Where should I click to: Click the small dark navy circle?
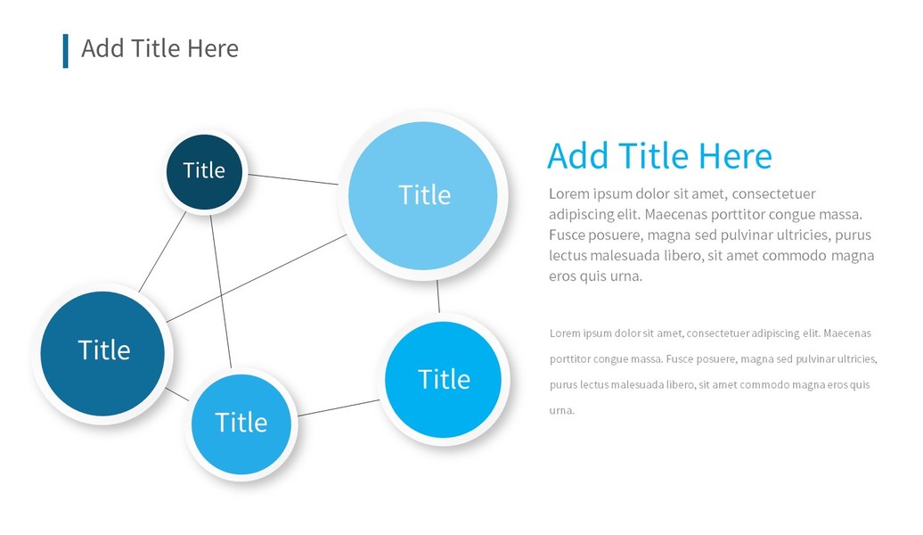[x=204, y=172]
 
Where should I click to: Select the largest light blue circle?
[x=422, y=195]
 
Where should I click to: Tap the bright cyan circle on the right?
[x=444, y=380]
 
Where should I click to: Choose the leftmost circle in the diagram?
[x=102, y=353]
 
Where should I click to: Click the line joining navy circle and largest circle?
[x=293, y=179]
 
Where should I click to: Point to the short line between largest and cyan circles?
[x=438, y=296]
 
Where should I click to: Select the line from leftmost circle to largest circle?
[x=257, y=278]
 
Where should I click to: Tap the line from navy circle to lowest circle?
[x=221, y=292]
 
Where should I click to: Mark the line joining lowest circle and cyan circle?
[x=339, y=407]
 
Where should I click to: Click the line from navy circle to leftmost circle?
[x=162, y=251]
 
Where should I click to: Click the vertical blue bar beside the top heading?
[x=65, y=51]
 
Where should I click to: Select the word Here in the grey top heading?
[x=213, y=48]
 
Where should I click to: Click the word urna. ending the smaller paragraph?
[x=561, y=411]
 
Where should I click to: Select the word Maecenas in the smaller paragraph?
[x=847, y=333]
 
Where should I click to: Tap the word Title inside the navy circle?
[x=204, y=170]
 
